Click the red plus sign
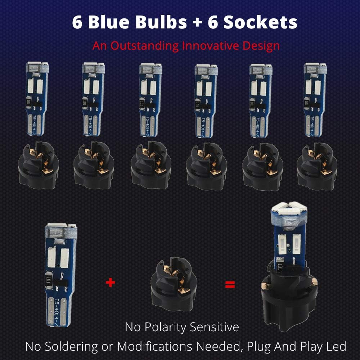(111, 283)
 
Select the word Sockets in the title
(260, 22)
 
